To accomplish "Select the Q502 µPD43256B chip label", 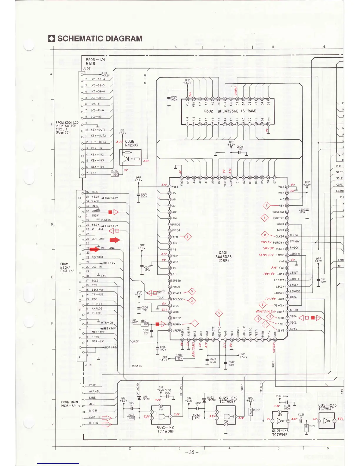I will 230,111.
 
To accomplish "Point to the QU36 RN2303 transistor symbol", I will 130,157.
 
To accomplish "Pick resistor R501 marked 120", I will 144,324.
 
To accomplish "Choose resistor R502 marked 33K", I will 179,359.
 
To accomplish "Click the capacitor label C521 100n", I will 174,98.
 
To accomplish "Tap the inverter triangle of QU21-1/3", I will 281,421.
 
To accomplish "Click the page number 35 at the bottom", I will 191,452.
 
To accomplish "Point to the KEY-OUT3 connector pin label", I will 98,142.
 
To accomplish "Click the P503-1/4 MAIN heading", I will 95,61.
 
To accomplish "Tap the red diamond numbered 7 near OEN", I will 266,206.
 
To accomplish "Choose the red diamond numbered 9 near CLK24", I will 265,235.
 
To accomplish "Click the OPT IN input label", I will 94,423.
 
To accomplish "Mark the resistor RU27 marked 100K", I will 250,411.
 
